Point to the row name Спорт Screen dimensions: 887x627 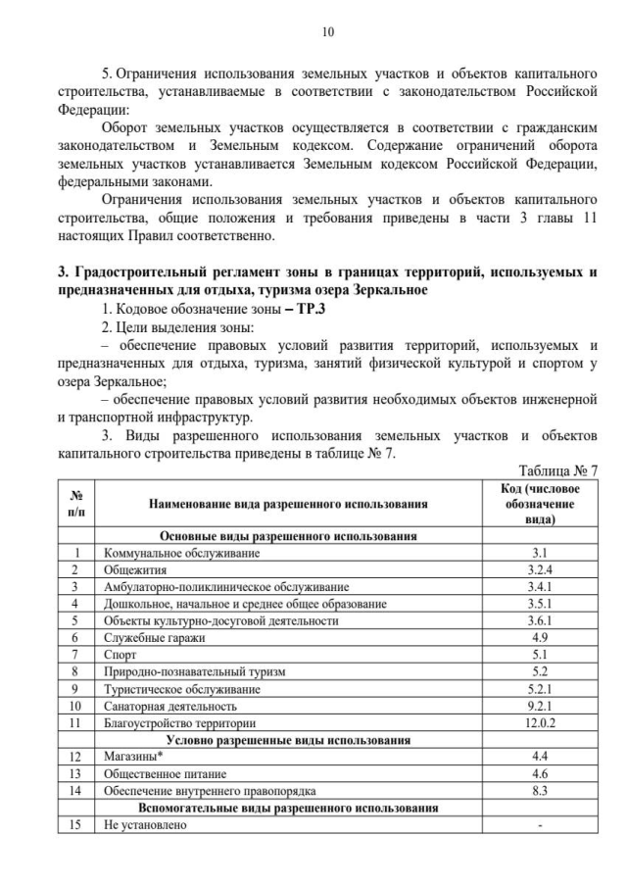[120, 654]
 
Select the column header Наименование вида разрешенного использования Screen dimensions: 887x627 [289, 504]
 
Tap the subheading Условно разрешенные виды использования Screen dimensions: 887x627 [289, 740]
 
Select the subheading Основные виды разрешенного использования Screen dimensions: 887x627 [289, 536]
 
